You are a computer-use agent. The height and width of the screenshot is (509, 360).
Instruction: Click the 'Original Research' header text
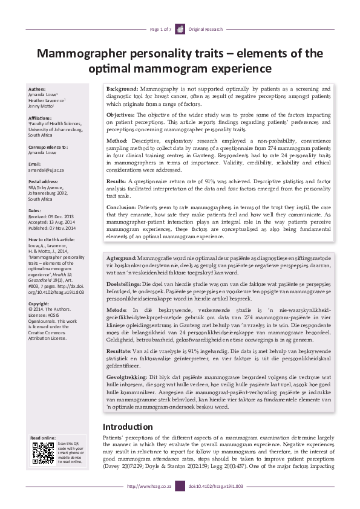point(206,29)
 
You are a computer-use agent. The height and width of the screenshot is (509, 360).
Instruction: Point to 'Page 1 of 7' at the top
point(160,29)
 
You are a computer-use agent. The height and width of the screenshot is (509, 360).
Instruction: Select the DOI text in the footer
point(216,486)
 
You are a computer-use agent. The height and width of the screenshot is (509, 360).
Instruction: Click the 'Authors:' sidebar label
point(37,89)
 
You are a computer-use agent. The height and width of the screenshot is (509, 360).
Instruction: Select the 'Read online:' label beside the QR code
point(43,438)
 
